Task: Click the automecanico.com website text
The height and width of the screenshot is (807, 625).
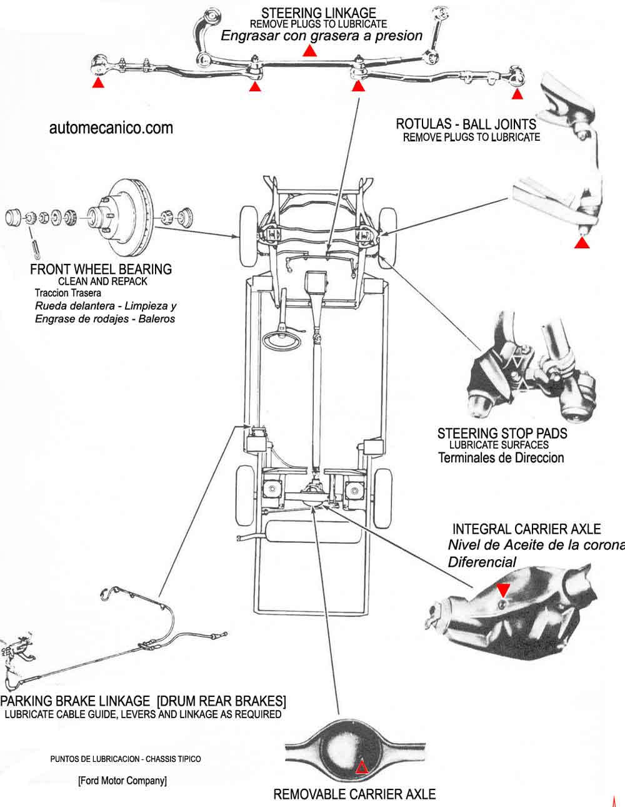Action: (x=111, y=128)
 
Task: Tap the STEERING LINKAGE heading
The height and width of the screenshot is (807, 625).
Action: (x=319, y=13)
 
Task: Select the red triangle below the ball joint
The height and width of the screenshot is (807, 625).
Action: (x=582, y=243)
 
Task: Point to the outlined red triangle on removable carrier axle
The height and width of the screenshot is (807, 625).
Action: (x=362, y=768)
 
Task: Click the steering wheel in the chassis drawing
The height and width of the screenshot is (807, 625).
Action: (x=282, y=340)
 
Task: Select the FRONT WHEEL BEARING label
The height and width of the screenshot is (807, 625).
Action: (x=101, y=269)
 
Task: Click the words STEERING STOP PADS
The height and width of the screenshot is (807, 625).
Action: (x=502, y=434)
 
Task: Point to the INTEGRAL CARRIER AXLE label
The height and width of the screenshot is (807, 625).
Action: (x=526, y=529)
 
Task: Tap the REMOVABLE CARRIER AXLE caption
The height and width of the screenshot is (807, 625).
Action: (x=354, y=794)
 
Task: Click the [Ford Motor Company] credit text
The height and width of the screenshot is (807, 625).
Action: (x=122, y=780)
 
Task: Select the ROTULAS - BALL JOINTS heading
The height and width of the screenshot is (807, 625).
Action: (x=466, y=124)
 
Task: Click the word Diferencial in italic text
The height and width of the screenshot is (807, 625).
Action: (x=482, y=562)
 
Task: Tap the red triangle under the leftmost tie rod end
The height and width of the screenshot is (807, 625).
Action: (x=98, y=82)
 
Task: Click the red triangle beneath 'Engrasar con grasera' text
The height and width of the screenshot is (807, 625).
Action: (x=309, y=51)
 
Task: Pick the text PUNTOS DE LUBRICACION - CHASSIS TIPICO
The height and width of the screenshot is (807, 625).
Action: (x=126, y=759)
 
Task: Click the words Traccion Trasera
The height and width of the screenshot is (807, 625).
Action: (x=68, y=293)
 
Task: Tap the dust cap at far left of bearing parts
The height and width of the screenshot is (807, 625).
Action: (x=14, y=217)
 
